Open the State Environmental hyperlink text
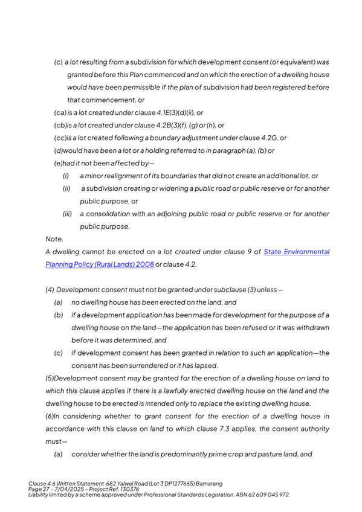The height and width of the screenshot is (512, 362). (x=297, y=251)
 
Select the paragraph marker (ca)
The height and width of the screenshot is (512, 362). (x=60, y=112)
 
